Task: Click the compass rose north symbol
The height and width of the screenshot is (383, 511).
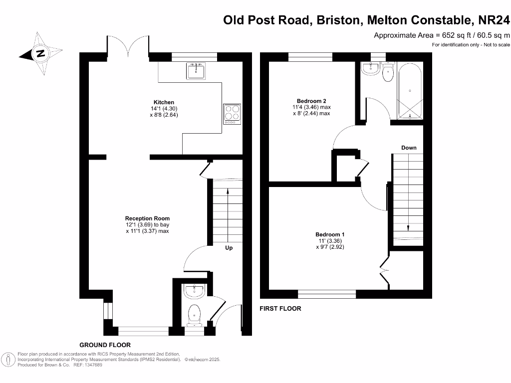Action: [40, 53]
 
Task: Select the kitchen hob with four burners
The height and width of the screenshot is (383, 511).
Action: [232, 113]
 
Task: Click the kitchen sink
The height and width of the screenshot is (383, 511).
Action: [196, 71]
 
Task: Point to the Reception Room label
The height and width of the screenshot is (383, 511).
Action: [147, 218]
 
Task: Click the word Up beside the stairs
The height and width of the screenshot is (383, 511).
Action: [229, 248]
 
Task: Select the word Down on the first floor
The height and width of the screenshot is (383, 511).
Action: [409, 148]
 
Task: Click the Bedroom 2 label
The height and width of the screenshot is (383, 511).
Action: [311, 100]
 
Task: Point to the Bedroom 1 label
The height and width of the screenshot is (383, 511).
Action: [330, 234]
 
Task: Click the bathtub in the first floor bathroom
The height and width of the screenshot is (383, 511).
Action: [410, 91]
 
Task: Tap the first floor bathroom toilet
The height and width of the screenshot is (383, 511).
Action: [388, 73]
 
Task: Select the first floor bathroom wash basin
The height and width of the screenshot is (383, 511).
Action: [370, 69]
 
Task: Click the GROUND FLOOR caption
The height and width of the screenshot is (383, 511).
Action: [105, 345]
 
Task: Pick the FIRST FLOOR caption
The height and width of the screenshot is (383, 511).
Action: [280, 309]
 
